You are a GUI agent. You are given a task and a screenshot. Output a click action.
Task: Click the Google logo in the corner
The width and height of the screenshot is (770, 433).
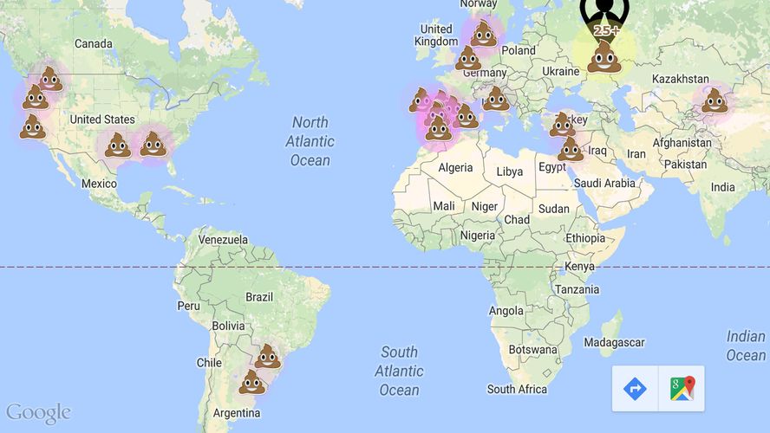click(x=38, y=412)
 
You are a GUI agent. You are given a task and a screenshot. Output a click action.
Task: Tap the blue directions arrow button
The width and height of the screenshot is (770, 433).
click(x=635, y=389)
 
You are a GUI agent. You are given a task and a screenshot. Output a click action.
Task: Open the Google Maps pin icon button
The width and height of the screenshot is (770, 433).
click(x=682, y=389)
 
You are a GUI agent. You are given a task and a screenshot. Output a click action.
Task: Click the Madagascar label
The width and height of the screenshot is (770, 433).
click(x=615, y=342)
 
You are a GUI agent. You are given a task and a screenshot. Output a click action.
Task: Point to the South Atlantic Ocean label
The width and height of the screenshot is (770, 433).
click(x=399, y=371)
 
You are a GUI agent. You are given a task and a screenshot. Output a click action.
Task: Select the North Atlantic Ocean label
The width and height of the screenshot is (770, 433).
click(x=310, y=141)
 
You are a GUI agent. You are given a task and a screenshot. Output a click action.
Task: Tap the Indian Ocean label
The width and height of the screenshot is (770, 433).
click(x=746, y=346)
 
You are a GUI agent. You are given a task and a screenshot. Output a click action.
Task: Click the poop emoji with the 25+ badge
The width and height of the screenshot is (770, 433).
click(x=603, y=56)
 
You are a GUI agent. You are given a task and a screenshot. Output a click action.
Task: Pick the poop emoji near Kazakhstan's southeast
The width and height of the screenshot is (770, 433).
click(x=715, y=100)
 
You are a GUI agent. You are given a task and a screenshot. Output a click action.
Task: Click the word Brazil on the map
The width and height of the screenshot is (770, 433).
click(x=259, y=296)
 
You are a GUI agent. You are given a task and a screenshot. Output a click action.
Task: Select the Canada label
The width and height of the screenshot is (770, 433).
click(x=94, y=43)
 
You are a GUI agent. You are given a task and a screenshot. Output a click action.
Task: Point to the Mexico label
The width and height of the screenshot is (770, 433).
click(x=99, y=184)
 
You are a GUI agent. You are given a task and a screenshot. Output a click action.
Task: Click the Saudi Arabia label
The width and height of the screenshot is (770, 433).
click(x=604, y=184)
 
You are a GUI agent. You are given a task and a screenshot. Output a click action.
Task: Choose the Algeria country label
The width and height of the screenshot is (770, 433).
click(x=455, y=167)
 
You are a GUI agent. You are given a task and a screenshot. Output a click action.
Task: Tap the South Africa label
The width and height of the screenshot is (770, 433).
click(x=519, y=390)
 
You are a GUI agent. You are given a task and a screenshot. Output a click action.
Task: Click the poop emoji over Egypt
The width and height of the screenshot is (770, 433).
click(x=571, y=149)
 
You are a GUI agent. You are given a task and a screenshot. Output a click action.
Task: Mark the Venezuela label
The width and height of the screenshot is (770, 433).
click(x=223, y=240)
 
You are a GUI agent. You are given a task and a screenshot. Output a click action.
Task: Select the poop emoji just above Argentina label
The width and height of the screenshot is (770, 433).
click(x=251, y=382)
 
